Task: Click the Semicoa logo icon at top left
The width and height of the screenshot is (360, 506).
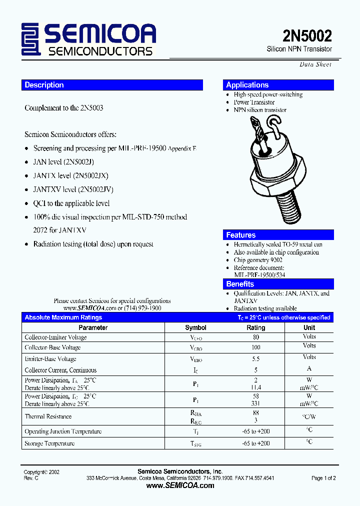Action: (31, 39)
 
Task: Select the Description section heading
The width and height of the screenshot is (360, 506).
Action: (44, 85)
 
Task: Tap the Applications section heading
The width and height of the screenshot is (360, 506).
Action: (247, 85)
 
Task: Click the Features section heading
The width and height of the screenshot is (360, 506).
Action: (240, 235)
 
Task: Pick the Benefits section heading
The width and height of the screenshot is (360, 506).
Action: (240, 284)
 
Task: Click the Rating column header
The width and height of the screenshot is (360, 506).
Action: (256, 327)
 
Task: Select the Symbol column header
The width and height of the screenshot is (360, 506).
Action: (195, 327)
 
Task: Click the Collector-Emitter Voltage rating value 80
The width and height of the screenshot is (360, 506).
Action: (256, 337)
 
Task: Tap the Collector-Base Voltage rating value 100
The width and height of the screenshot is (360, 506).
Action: (256, 347)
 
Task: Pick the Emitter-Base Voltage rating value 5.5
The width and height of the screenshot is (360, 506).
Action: (256, 359)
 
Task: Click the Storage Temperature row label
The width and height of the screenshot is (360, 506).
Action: (49, 443)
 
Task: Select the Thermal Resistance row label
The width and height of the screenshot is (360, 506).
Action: (48, 416)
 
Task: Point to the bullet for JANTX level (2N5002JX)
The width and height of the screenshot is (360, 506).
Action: (27, 176)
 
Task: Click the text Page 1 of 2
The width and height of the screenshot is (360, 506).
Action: (323, 478)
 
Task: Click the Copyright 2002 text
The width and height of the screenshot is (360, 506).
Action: (41, 472)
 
